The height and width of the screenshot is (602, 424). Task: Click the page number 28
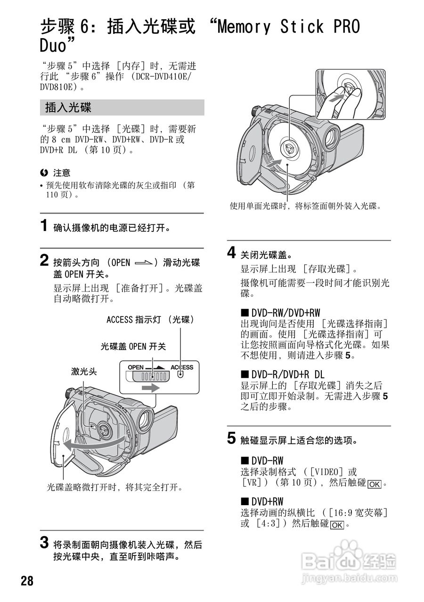27,580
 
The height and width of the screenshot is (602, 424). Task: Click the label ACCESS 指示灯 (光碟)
150,320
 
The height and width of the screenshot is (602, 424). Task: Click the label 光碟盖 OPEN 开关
133,346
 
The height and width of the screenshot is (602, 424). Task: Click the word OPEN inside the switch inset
135,367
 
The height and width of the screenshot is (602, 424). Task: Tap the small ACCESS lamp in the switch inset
180,375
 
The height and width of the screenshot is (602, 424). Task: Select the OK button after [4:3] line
337,525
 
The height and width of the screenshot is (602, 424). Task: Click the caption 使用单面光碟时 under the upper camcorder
305,206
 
